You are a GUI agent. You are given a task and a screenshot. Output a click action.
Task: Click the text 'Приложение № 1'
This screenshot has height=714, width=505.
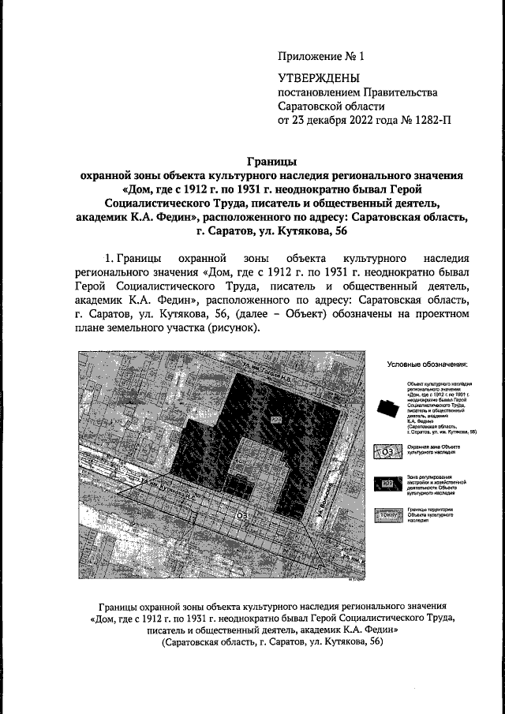pos(321,57)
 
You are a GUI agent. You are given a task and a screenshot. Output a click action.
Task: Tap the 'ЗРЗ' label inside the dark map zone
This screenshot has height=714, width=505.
pos(275,417)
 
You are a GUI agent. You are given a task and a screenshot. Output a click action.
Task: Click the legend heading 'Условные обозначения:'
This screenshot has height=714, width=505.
pos(428,364)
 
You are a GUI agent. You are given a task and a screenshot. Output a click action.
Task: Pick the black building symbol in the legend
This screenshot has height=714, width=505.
pos(387,408)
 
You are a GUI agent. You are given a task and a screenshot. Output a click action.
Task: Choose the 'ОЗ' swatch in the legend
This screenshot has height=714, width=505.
pos(387,452)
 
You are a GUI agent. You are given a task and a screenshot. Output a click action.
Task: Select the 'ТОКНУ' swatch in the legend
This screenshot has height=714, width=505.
pos(387,516)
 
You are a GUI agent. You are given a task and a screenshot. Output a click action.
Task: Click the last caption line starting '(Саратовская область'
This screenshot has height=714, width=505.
pos(272,643)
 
